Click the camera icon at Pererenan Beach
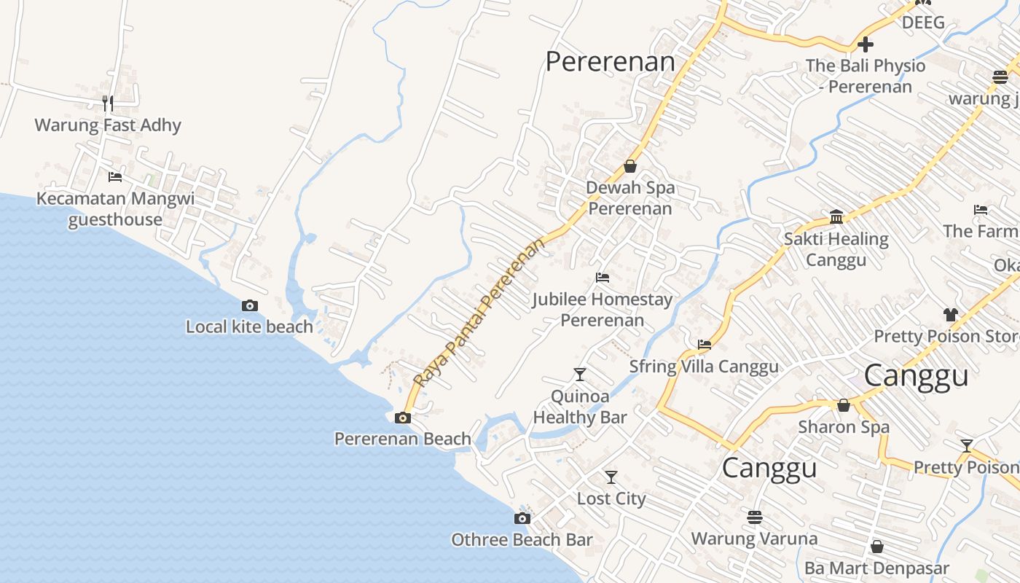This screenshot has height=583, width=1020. [402, 418]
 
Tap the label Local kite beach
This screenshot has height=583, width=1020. [249, 326]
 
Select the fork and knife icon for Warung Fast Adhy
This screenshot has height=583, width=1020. [108, 103]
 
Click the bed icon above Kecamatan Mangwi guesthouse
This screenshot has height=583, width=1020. [114, 176]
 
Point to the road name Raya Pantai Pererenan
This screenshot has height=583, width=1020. [479, 312]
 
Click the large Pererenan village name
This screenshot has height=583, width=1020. [610, 62]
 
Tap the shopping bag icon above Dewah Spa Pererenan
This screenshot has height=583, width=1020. [630, 166]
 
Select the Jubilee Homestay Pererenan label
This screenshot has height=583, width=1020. [602, 310]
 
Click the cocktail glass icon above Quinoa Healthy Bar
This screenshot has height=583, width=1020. [580, 375]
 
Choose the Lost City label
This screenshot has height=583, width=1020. [611, 498]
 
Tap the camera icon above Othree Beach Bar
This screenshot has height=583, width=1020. [522, 518]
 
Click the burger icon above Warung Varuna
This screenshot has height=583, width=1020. [754, 517]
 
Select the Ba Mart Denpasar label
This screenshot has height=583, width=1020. [876, 568]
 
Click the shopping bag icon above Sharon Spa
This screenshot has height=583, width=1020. [844, 404]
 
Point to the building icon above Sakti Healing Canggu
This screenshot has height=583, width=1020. [836, 217]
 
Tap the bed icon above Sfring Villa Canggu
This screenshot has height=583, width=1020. [704, 345]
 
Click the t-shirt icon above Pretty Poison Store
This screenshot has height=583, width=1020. [950, 315]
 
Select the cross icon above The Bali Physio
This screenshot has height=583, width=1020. [866, 44]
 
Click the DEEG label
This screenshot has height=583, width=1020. [923, 22]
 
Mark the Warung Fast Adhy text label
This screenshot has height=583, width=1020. [108, 125]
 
